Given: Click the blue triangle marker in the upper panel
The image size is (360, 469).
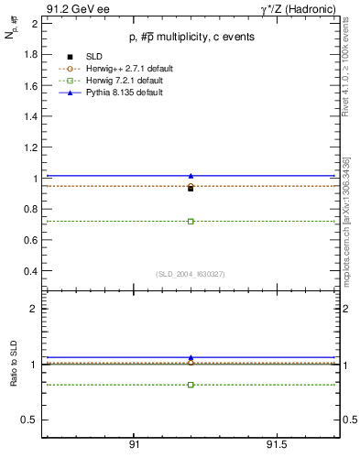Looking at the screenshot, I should click(191, 175).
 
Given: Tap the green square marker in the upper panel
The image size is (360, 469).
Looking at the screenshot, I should click(191, 221).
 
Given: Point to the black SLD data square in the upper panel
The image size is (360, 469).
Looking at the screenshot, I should click(191, 188).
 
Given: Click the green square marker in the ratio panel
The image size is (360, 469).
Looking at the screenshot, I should click(191, 385).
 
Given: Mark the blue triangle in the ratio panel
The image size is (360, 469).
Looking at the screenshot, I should click(191, 357).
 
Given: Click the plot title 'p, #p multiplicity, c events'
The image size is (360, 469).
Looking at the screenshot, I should click(191, 37).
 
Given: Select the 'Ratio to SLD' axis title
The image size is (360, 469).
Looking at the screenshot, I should click(14, 364).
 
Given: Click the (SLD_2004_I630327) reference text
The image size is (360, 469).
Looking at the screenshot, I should click(191, 273).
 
